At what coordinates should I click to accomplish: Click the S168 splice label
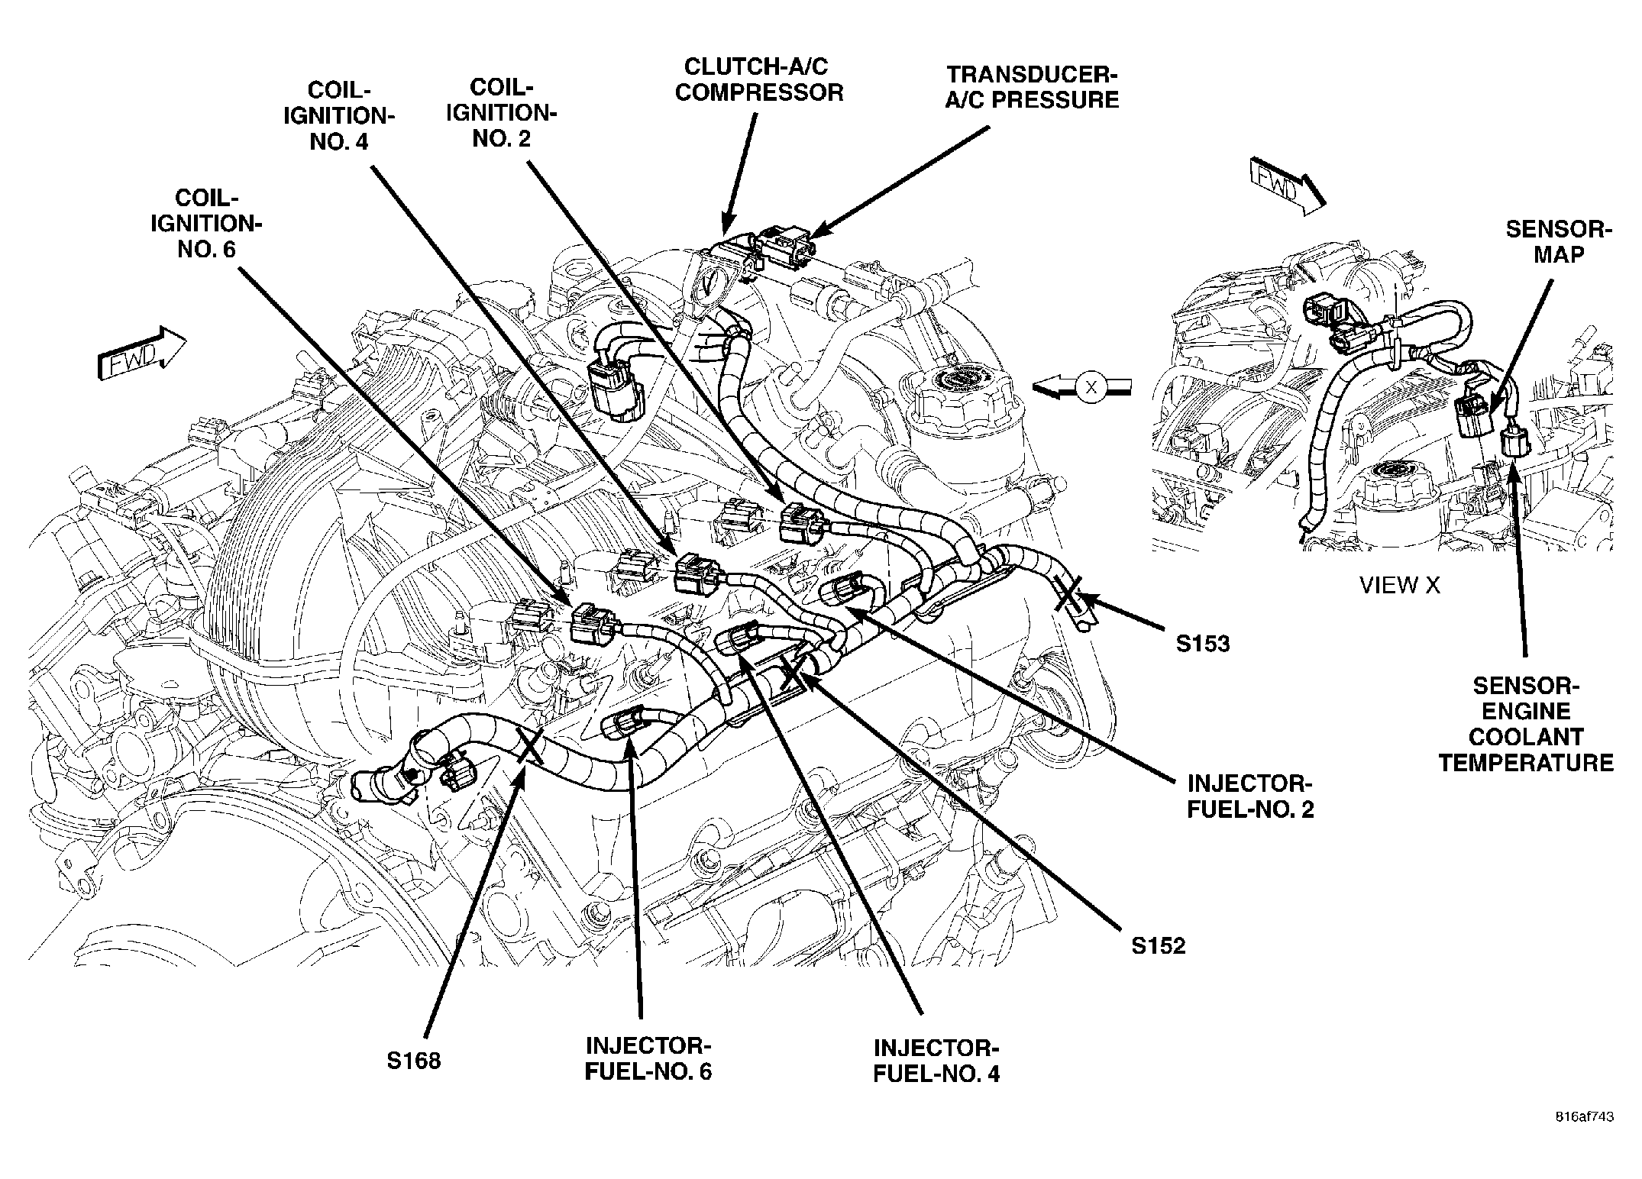click(414, 1061)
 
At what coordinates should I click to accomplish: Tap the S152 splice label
click(1159, 946)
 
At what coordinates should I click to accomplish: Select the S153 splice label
click(1203, 644)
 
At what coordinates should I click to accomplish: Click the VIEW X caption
click(1399, 586)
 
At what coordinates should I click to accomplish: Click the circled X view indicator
click(1091, 387)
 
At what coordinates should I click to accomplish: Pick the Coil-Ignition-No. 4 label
click(339, 115)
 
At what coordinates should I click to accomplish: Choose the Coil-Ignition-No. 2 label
click(501, 112)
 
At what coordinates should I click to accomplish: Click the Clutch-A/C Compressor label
click(760, 79)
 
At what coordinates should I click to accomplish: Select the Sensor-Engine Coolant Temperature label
click(1527, 724)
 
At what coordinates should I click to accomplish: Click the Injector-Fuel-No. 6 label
click(648, 1057)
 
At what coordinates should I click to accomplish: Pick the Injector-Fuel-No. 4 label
click(936, 1060)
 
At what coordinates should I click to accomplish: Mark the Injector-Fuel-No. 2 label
click(1250, 796)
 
